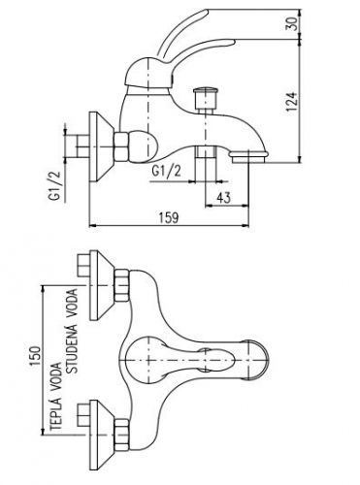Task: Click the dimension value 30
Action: click(x=291, y=24)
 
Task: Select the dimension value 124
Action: click(x=291, y=102)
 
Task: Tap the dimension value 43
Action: click(x=223, y=198)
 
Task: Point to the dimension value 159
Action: click(x=169, y=217)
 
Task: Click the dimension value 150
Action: click(x=35, y=356)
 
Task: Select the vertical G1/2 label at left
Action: click(x=55, y=185)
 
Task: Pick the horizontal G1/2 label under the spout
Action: click(x=167, y=171)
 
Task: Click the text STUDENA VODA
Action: click(x=72, y=331)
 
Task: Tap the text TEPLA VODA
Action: click(x=55, y=396)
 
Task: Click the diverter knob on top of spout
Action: click(x=206, y=100)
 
